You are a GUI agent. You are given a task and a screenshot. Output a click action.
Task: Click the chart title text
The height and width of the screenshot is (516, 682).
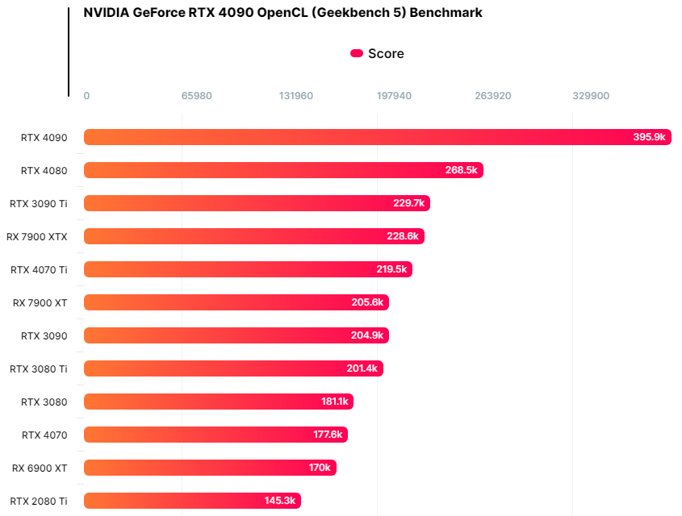[x=282, y=13]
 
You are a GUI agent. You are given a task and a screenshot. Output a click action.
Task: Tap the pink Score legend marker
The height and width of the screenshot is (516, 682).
[x=357, y=53]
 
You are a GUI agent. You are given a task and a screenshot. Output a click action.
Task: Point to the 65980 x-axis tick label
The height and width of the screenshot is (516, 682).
[x=197, y=96]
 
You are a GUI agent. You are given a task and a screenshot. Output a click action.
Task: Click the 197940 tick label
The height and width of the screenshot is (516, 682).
[x=394, y=96]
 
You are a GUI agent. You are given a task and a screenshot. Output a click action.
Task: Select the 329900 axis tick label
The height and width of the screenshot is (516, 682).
[x=591, y=96]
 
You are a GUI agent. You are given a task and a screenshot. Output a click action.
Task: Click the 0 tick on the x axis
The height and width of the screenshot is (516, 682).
[x=86, y=96]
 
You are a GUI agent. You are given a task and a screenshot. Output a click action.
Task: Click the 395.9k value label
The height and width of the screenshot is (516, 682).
[x=649, y=137]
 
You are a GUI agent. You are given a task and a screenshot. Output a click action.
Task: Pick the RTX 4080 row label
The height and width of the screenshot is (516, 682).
[x=44, y=170]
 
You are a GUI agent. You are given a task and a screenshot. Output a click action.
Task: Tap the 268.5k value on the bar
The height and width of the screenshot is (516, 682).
[x=462, y=170]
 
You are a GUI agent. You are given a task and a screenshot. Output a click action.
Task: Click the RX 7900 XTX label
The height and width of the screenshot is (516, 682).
[x=37, y=236]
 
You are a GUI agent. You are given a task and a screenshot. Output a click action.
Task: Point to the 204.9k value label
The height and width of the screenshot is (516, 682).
[x=368, y=335]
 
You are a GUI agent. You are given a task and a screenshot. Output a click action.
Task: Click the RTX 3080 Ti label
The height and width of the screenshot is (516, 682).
[x=39, y=368]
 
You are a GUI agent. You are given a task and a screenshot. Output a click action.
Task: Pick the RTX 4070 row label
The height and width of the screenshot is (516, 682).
[x=44, y=435]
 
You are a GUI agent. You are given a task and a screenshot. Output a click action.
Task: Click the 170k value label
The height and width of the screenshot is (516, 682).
[x=319, y=468]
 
